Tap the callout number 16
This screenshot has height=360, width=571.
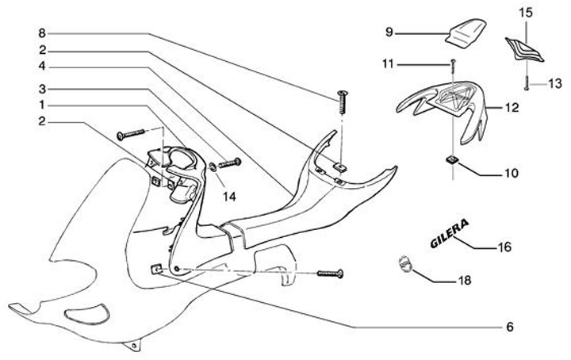click(x=504, y=247)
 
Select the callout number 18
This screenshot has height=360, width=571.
click(x=464, y=281)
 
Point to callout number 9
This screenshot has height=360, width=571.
click(x=389, y=32)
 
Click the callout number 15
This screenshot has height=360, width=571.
click(x=527, y=13)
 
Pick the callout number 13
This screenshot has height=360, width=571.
click(x=555, y=82)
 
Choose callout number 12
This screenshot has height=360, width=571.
click(x=512, y=106)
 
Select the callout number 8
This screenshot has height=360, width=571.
click(x=42, y=33)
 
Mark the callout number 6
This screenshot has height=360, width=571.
click(x=511, y=326)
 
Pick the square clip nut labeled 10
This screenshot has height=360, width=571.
click(x=450, y=161)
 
